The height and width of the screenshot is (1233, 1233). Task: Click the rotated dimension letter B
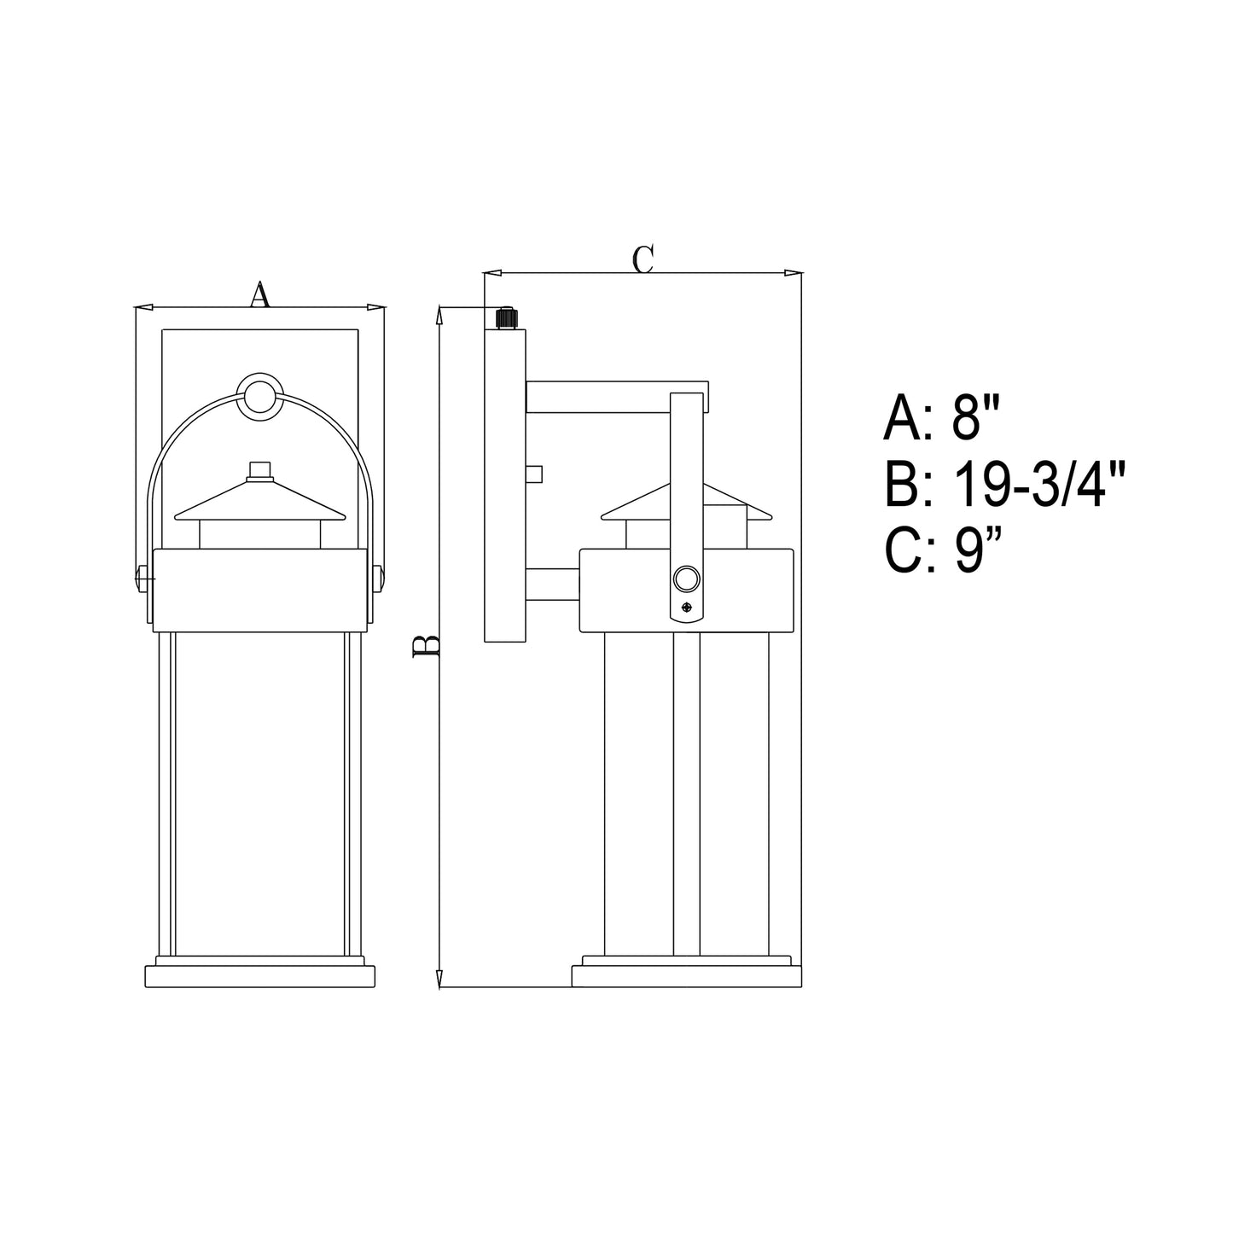(426, 646)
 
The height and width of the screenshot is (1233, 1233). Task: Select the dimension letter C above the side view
(643, 259)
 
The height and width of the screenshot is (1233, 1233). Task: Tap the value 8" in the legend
(974, 418)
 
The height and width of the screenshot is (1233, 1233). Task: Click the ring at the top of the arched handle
(259, 396)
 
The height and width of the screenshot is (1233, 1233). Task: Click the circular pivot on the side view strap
(687, 579)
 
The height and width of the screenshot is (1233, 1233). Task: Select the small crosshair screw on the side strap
(687, 608)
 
